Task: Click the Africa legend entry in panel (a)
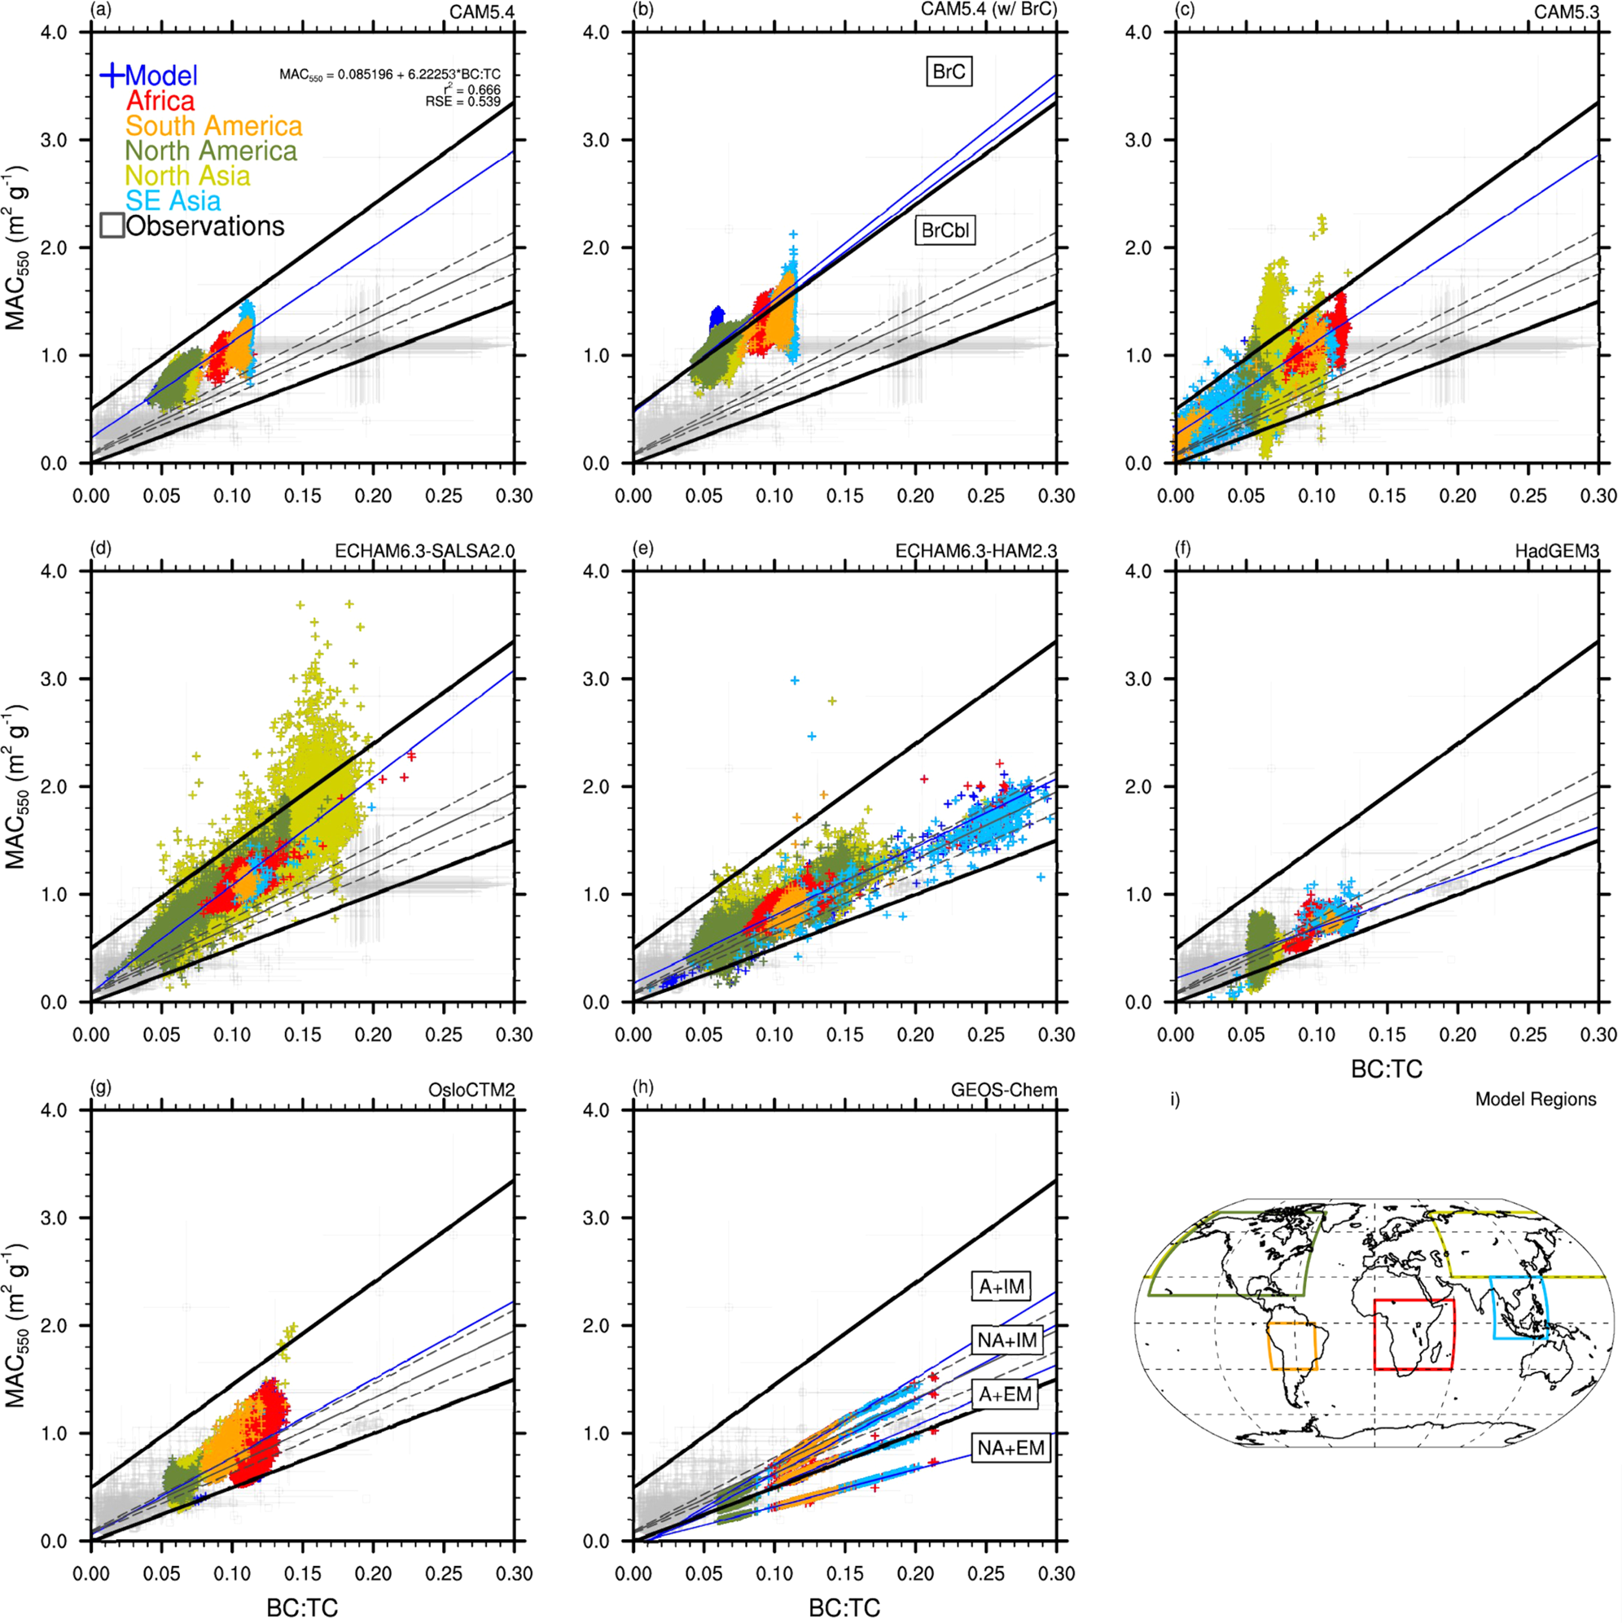(160, 101)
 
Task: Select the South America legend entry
(213, 126)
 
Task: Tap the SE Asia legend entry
(173, 201)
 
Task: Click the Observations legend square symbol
(112, 225)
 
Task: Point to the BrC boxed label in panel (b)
(949, 72)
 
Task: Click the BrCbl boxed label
(945, 231)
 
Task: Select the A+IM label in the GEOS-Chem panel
(1003, 1286)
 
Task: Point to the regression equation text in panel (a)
(390, 75)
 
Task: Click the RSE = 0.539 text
(463, 102)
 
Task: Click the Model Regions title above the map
(1535, 1099)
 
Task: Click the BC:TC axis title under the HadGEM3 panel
(1386, 1069)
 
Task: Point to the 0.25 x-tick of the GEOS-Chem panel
(986, 1573)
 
